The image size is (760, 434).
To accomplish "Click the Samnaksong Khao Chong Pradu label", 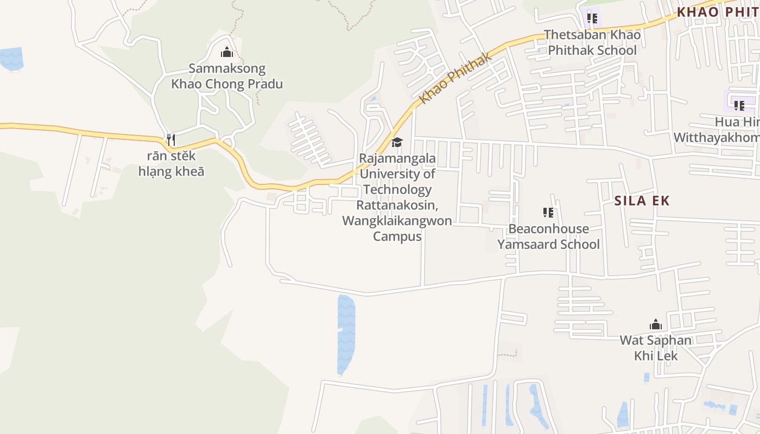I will [x=227, y=76].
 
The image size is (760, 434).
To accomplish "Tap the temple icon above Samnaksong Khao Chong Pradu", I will [x=227, y=53].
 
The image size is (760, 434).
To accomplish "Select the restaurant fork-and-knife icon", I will [x=170, y=140].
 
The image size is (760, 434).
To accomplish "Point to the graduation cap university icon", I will [x=397, y=143].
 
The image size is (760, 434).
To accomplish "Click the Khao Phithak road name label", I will [x=456, y=78].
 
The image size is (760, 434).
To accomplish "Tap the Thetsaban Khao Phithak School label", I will [x=592, y=42].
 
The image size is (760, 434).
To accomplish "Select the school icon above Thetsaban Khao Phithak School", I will [x=592, y=19].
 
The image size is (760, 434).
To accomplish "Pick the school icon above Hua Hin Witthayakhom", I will [x=739, y=105].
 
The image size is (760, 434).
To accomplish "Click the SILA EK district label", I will [x=642, y=201].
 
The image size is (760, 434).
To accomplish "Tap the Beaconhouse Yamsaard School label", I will [x=548, y=237].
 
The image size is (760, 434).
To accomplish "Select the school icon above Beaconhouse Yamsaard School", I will [x=548, y=213].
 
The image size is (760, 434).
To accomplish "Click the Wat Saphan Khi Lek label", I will [x=656, y=348].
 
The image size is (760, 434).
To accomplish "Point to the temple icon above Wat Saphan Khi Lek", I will [x=656, y=324].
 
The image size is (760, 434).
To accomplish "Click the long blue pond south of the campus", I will [x=345, y=334].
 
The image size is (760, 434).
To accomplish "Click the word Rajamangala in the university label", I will [x=397, y=159].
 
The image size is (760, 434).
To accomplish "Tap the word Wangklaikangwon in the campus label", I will [x=397, y=221].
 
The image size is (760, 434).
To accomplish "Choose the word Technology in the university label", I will [x=397, y=190].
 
